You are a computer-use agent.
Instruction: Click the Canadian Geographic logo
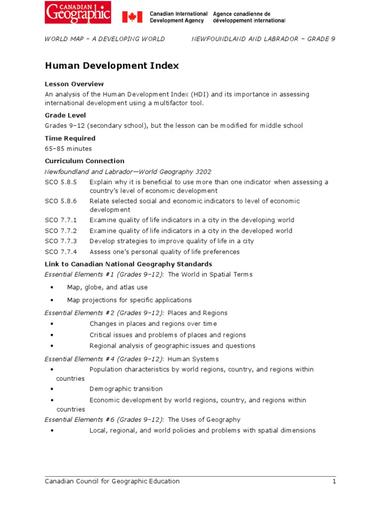pyautogui.click(x=78, y=12)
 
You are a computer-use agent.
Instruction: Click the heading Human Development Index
pyautogui.click(x=112, y=65)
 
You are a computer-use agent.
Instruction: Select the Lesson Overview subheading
pyautogui.click(x=74, y=84)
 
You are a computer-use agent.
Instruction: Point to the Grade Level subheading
pyautogui.click(x=65, y=115)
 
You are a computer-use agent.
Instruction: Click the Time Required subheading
pyautogui.click(x=70, y=138)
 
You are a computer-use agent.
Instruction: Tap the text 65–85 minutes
pyautogui.click(x=68, y=148)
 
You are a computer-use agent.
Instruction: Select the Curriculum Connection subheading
pyautogui.click(x=84, y=161)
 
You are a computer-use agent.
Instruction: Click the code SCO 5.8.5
pyautogui.click(x=61, y=182)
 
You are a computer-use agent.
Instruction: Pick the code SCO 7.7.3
pyautogui.click(x=61, y=241)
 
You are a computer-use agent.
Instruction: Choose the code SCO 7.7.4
pyautogui.click(x=61, y=252)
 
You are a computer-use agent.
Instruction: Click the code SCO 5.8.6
pyautogui.click(x=61, y=201)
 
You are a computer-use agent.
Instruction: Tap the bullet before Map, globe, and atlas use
pyautogui.click(x=53, y=287)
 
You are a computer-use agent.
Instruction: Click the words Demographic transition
pyautogui.click(x=126, y=389)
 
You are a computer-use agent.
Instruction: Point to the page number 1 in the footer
pyautogui.click(x=334, y=481)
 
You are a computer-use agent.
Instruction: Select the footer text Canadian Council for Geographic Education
pyautogui.click(x=112, y=481)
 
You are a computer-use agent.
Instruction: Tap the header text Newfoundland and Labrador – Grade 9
pyautogui.click(x=263, y=39)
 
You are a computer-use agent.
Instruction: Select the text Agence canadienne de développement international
pyautogui.click(x=249, y=17)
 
